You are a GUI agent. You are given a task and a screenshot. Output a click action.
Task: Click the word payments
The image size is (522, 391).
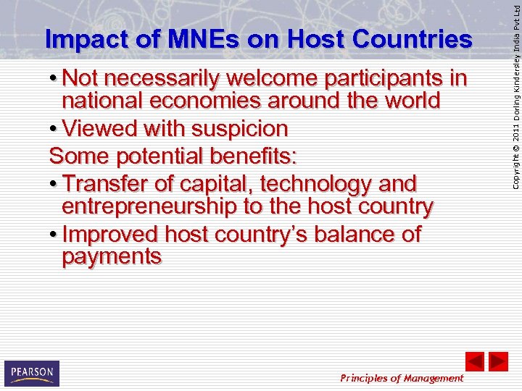112,257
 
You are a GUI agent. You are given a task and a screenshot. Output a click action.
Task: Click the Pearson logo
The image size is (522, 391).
31,373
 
